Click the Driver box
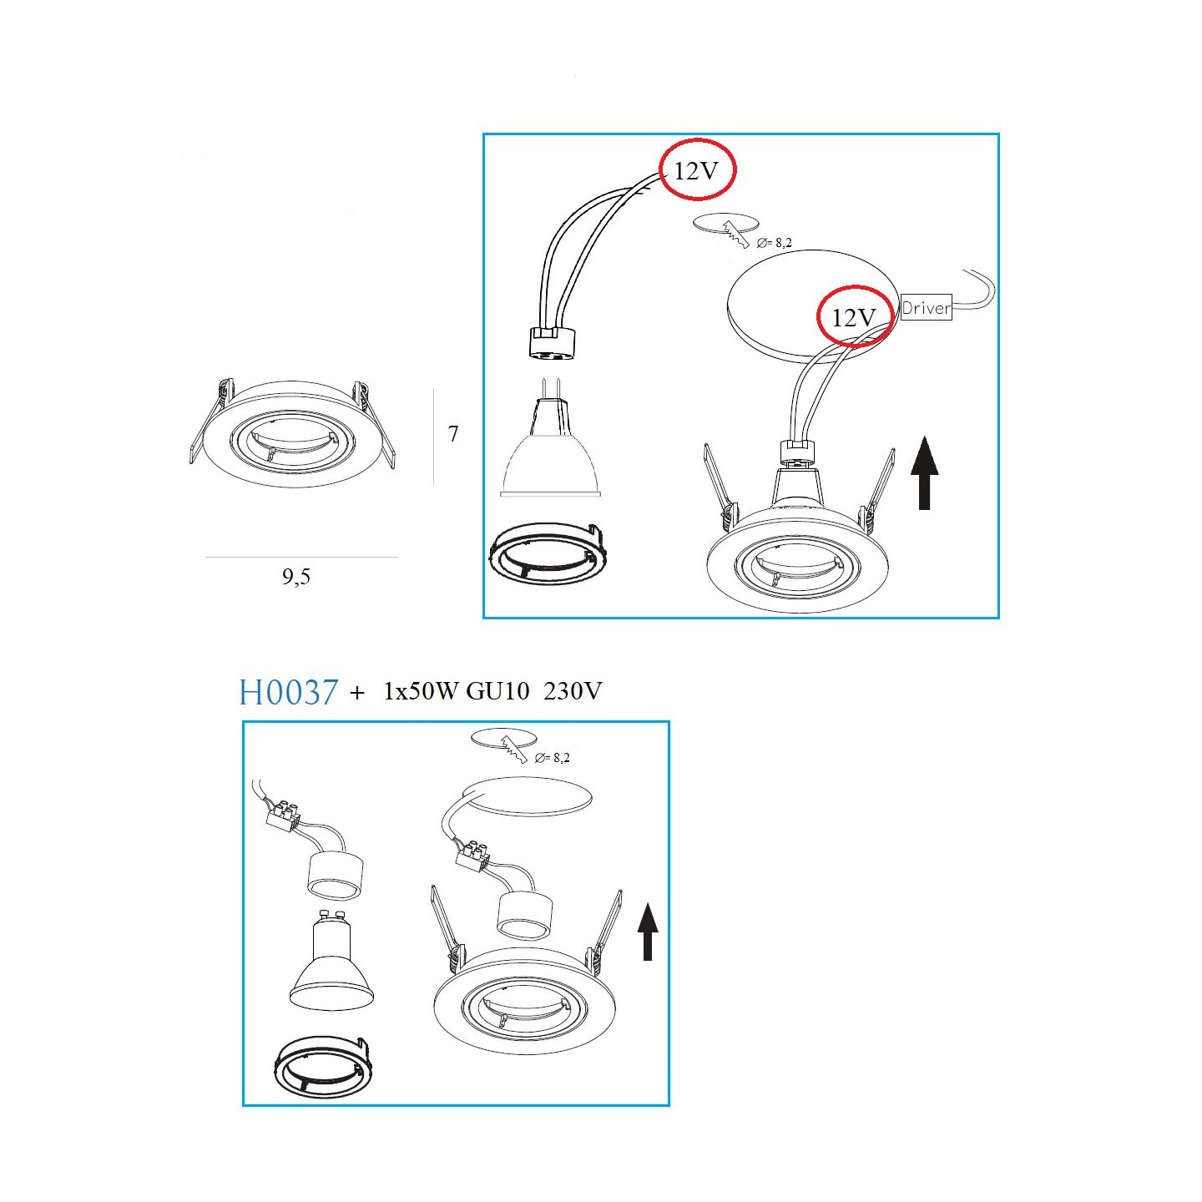point(927,307)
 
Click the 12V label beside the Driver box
point(853,318)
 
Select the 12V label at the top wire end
point(696,170)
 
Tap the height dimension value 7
point(453,433)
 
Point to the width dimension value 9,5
point(296,576)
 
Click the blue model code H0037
point(289,692)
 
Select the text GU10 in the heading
point(497,691)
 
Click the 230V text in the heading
point(573,691)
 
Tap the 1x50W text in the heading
point(421,691)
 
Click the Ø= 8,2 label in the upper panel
point(774,243)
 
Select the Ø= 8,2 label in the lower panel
point(552,758)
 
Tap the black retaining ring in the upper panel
point(547,553)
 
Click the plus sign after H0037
point(357,692)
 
